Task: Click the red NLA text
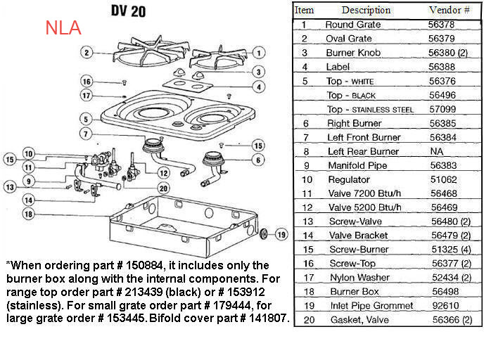[63, 29]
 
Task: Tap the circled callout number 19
[281, 235]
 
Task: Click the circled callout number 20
[163, 188]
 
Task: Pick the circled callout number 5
[85, 119]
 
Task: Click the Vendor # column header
[449, 10]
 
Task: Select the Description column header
[366, 10]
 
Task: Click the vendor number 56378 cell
[442, 25]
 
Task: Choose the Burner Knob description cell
[352, 53]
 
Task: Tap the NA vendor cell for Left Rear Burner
[436, 151]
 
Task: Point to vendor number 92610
[442, 306]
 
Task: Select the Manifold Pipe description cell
[356, 165]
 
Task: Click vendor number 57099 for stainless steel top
[443, 109]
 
